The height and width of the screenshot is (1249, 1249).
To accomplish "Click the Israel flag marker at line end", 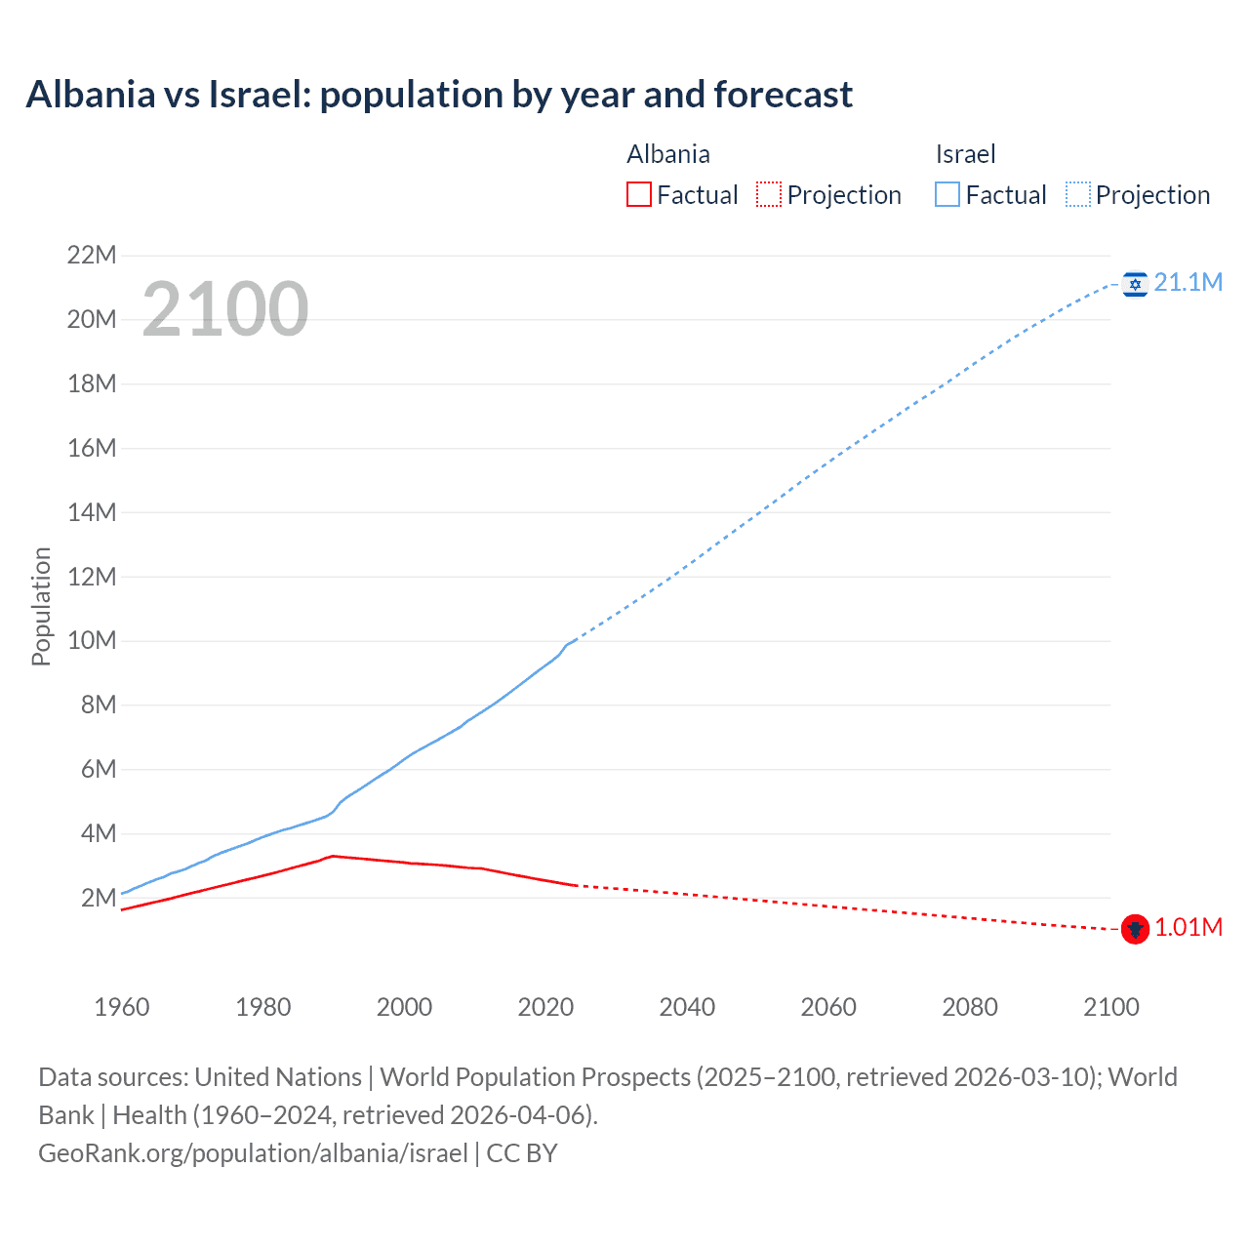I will click(x=1134, y=284).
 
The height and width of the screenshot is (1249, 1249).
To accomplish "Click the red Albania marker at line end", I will click(x=1134, y=929).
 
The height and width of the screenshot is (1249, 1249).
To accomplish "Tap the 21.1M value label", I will click(x=1188, y=283).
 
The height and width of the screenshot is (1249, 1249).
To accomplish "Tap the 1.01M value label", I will click(x=1188, y=928).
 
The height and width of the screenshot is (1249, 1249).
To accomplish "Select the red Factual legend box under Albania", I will click(x=638, y=194).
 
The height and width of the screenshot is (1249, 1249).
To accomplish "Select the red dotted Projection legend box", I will click(x=769, y=194).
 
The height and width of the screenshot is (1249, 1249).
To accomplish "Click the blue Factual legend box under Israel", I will click(x=947, y=194).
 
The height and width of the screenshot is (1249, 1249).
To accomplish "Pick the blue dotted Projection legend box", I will click(x=1078, y=194).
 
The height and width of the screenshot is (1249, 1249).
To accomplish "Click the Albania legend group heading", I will click(x=668, y=154).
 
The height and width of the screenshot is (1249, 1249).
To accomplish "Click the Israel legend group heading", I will click(x=965, y=154).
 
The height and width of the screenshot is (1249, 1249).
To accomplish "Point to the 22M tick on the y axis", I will click(x=92, y=256).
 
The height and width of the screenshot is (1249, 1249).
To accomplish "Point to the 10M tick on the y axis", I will click(x=92, y=641).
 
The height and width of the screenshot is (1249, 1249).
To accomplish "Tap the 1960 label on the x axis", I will click(x=122, y=1007).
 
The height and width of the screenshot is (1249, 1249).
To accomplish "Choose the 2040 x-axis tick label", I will click(x=687, y=1007).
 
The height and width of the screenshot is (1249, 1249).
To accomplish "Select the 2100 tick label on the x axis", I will click(x=1110, y=1007).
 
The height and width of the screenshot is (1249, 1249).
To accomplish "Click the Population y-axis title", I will click(x=41, y=606).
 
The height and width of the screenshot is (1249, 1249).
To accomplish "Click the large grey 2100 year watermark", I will click(x=225, y=309).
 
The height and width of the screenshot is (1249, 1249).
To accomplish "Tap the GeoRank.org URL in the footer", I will click(x=253, y=1153).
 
